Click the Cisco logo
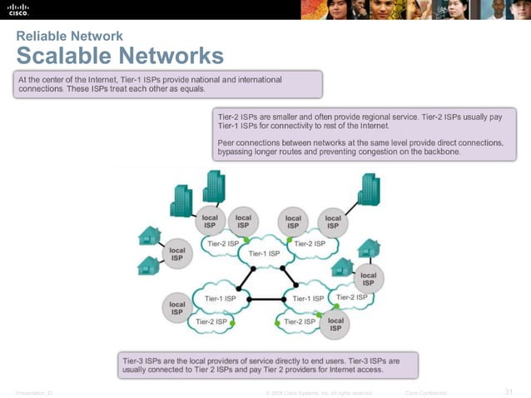click(18, 10)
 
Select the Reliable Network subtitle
click(70, 36)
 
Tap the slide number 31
click(510, 392)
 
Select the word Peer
click(226, 142)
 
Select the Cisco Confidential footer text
click(425, 392)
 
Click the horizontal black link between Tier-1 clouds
click(266, 299)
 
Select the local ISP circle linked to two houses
click(177, 253)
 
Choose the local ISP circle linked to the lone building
click(332, 221)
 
